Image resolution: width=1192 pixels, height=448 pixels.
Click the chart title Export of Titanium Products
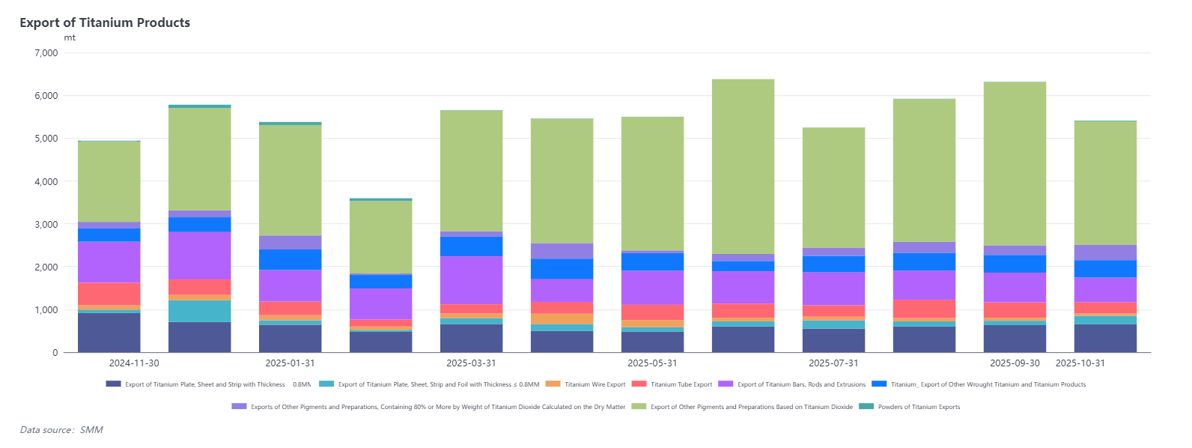point(105,22)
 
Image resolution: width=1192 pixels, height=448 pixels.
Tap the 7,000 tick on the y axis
point(46,53)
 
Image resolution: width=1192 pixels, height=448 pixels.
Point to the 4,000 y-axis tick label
point(46,181)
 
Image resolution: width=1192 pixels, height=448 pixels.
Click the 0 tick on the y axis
point(55,353)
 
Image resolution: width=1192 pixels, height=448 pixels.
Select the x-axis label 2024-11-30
point(134,363)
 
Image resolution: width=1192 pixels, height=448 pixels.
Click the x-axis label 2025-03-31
point(471,363)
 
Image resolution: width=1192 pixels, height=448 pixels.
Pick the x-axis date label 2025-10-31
point(1080,363)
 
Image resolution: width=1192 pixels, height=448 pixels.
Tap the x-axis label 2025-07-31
point(833,363)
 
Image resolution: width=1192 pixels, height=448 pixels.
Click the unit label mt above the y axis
point(70,37)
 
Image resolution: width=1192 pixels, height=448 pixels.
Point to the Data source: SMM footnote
point(61,430)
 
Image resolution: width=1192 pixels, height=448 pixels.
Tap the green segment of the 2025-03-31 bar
point(471,171)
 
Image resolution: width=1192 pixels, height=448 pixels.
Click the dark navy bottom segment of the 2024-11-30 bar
point(109,333)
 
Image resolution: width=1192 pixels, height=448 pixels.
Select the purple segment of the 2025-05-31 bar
point(652,288)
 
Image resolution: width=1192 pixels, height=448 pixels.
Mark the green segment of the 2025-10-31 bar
point(1105,183)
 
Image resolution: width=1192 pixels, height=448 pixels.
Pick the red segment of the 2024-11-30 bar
point(109,294)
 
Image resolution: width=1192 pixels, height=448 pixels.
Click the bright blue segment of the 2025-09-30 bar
point(1015,264)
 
